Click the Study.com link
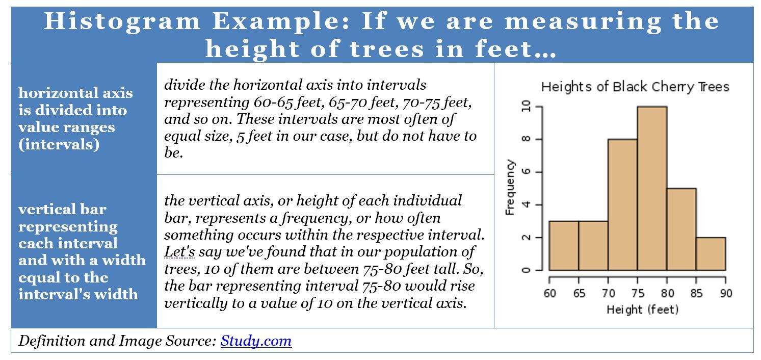[256, 341]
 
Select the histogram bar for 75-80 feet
[652, 188]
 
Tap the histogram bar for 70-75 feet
[622, 204]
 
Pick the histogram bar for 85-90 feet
[711, 254]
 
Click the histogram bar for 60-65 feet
[564, 246]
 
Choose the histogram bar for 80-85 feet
[681, 229]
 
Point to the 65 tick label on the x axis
[579, 293]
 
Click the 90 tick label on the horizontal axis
[726, 293]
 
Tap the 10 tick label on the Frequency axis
[526, 107]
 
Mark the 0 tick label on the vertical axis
[526, 270]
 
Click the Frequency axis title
[510, 187]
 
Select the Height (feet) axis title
[642, 310]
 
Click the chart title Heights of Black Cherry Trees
[635, 87]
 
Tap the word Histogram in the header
[122, 21]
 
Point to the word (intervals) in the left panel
[59, 144]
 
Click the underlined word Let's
[179, 252]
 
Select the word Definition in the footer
[51, 341]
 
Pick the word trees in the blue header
[387, 49]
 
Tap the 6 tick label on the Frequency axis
[526, 172]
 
